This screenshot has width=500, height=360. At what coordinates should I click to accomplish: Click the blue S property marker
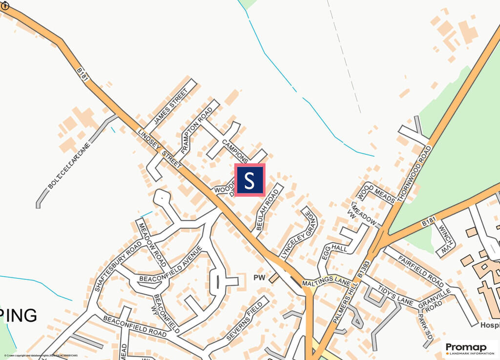click(250, 180)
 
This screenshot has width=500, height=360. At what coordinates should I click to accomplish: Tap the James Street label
click(170, 106)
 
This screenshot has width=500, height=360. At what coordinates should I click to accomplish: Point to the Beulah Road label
click(267, 210)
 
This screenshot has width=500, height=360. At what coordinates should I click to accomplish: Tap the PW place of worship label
click(259, 277)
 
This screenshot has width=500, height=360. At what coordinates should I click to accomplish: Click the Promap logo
click(468, 348)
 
